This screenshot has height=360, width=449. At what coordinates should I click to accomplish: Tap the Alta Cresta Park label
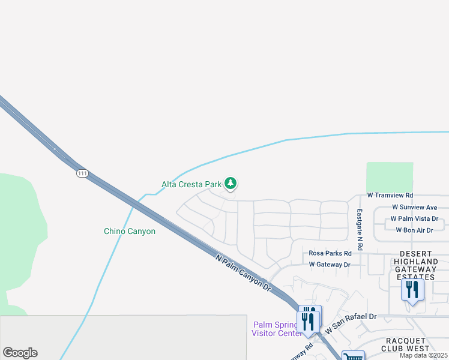tap(191, 184)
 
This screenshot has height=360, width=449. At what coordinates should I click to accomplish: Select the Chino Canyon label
tap(130, 231)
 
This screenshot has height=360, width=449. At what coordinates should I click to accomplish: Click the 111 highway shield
tap(83, 173)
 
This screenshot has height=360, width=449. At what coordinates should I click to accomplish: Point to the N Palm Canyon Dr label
tap(244, 272)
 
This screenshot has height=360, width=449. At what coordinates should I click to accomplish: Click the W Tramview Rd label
tap(390, 196)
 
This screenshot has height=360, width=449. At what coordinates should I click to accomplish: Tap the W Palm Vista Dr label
tap(414, 219)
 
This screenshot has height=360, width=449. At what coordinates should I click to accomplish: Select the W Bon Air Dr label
tap(414, 230)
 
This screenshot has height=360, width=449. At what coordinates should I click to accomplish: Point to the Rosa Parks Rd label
tap(330, 253)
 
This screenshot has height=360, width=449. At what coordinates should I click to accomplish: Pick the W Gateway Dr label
tap(329, 265)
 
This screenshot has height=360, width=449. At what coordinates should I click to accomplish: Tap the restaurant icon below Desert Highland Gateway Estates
tap(412, 290)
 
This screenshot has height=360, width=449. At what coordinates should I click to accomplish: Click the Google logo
tap(20, 353)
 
